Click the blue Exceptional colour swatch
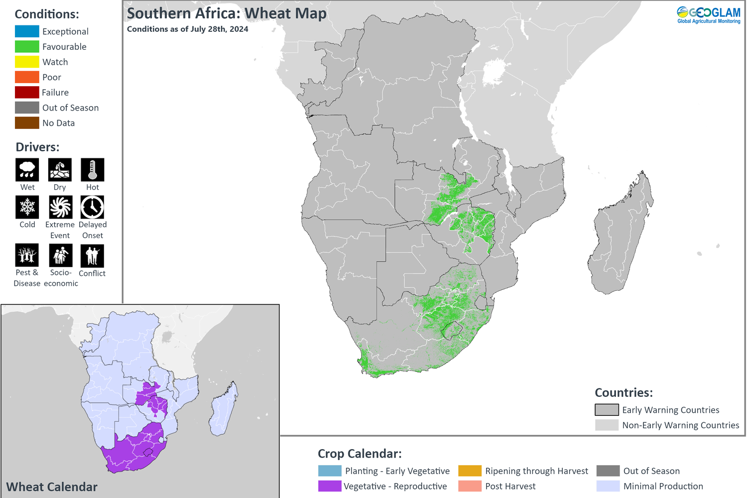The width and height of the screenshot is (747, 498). click(x=27, y=31)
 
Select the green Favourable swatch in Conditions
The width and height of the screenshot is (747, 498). click(x=27, y=47)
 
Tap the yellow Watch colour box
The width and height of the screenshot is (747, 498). click(x=27, y=62)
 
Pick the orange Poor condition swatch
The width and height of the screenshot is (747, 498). click(x=27, y=77)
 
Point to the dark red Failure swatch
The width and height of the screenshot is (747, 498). click(x=27, y=93)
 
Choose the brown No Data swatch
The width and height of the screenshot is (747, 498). click(x=27, y=123)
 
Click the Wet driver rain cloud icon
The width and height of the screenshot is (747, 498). click(x=27, y=170)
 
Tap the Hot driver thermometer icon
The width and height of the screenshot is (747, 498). click(x=93, y=170)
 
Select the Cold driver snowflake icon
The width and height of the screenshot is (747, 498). click(x=27, y=207)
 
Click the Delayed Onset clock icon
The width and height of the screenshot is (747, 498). click(x=93, y=207)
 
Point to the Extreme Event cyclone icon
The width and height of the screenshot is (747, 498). click(x=60, y=207)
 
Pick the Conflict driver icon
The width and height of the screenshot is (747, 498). click(x=93, y=256)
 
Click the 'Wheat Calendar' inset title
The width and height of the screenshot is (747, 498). click(x=52, y=487)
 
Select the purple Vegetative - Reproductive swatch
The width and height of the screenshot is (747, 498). click(x=330, y=486)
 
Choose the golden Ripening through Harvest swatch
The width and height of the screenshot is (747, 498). click(x=470, y=471)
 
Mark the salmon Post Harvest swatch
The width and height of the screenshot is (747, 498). click(x=470, y=486)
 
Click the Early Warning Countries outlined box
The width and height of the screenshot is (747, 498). click(x=607, y=410)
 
